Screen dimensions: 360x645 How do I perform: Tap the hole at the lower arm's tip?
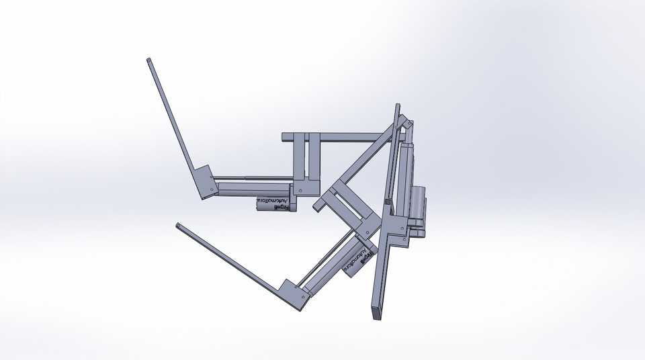177,226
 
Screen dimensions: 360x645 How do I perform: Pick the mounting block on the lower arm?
294,294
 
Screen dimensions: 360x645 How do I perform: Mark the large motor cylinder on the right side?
419,209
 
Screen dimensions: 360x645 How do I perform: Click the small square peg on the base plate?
388,201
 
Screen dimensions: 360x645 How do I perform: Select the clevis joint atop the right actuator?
408,126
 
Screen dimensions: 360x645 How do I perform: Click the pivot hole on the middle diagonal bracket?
369,233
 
